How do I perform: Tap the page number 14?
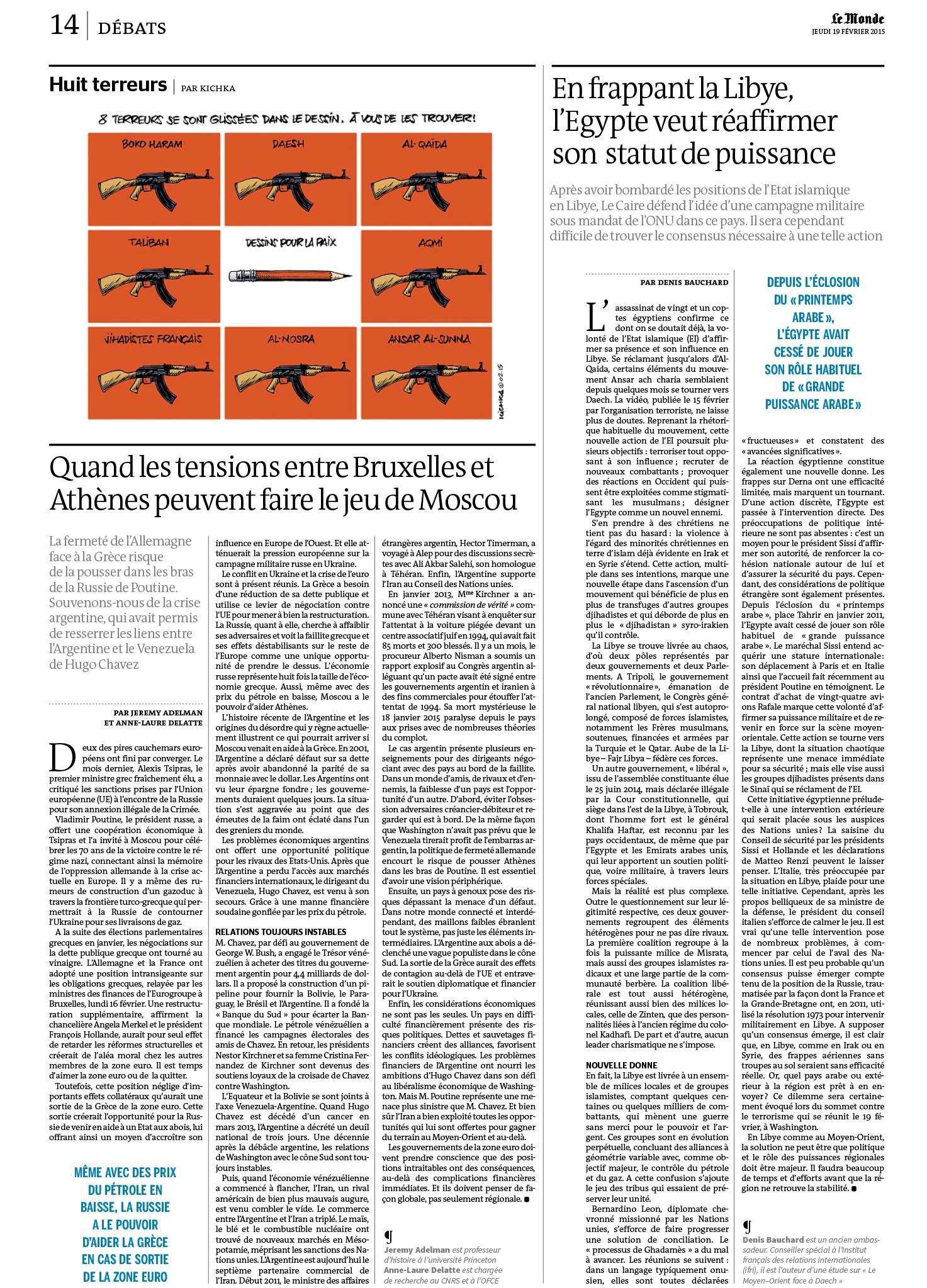point(64,25)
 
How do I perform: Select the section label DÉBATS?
point(132,28)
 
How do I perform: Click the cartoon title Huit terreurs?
point(108,85)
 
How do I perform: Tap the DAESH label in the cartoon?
point(288,144)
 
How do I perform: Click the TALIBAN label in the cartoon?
point(149,242)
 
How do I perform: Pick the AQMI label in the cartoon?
point(430,242)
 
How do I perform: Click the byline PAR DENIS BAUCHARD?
point(684,283)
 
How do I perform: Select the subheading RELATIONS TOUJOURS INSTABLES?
point(281,932)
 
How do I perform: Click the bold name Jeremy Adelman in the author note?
point(416,1250)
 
